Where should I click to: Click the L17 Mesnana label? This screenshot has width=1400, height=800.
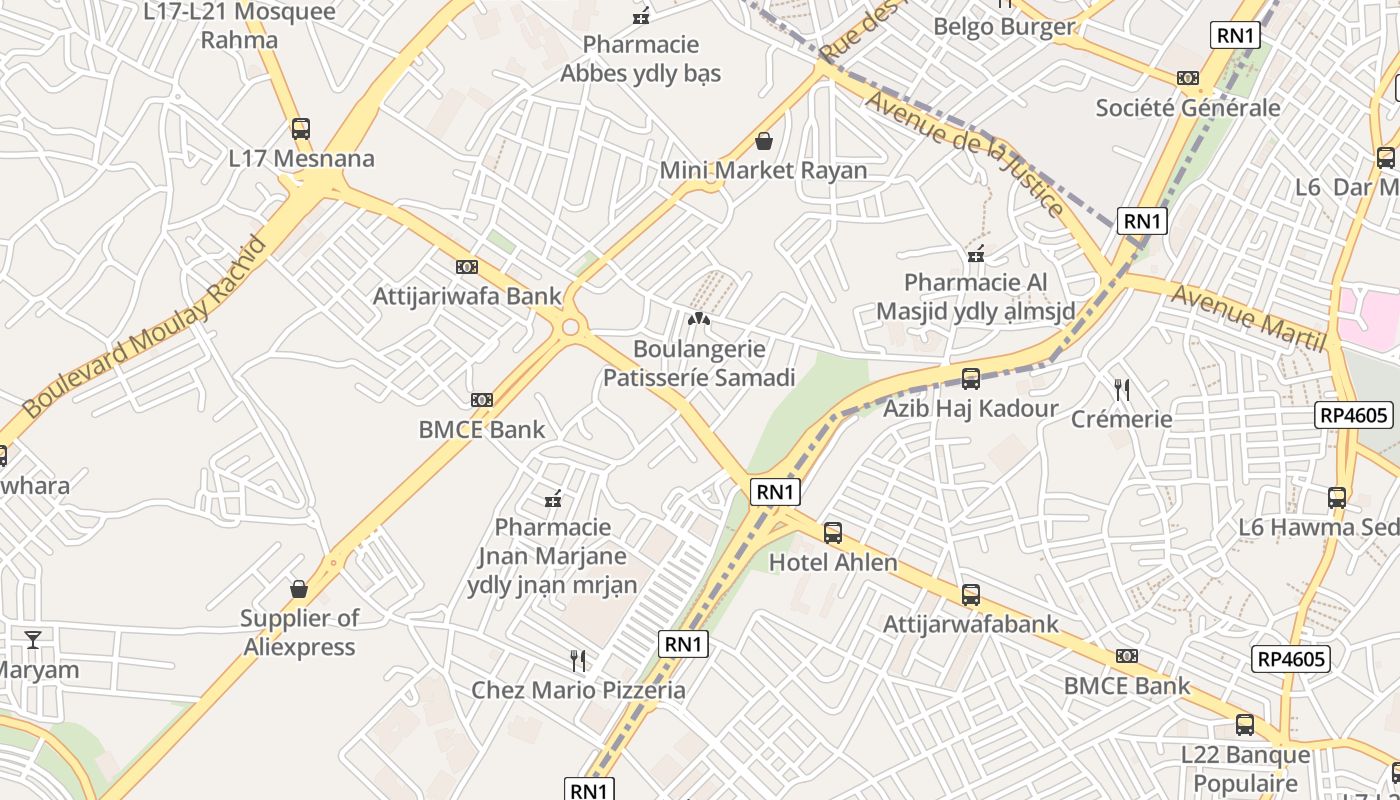coord(301,158)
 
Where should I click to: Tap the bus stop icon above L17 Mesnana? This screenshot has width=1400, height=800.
coord(300,128)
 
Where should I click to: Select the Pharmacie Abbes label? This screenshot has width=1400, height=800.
coord(640,59)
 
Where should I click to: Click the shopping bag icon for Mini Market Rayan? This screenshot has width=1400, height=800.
coord(764,141)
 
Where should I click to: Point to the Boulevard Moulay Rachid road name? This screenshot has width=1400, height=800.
coord(146,327)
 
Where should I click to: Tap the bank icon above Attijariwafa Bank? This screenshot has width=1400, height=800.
coord(467,267)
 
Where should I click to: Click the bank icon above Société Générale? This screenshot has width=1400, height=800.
coord(1188,78)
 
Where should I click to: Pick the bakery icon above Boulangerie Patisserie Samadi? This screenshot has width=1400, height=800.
coord(699,320)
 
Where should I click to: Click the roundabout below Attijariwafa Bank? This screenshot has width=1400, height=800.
coord(571,327)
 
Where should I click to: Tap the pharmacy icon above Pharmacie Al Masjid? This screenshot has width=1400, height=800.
coord(976,255)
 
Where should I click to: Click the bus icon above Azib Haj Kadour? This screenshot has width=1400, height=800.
coord(970,379)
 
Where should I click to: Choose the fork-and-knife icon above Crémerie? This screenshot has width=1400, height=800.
coord(1122,389)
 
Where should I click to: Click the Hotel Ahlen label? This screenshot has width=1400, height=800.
coord(833,562)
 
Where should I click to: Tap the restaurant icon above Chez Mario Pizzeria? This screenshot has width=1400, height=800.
coord(578,660)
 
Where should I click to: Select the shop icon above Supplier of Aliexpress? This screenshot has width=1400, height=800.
coord(298,589)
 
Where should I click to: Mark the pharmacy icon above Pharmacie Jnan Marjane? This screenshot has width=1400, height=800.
coord(552,498)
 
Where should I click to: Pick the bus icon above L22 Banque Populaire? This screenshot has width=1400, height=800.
coord(1245,725)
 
